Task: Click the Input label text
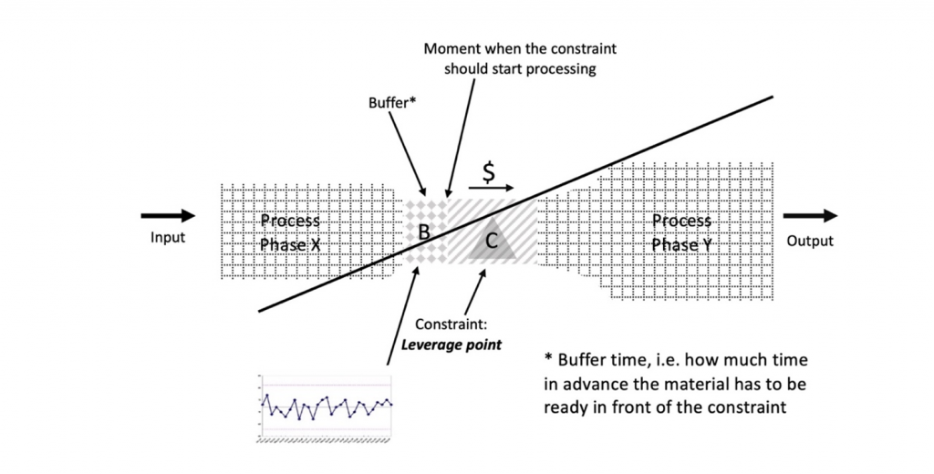coord(168,238)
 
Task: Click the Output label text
coord(809,242)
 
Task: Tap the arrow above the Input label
coord(168,216)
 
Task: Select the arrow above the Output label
coord(809,216)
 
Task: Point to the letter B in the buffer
coord(423,232)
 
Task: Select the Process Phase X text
coord(290,232)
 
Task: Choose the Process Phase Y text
coord(681,232)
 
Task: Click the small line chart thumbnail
coord(326,407)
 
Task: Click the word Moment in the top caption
coord(450,48)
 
